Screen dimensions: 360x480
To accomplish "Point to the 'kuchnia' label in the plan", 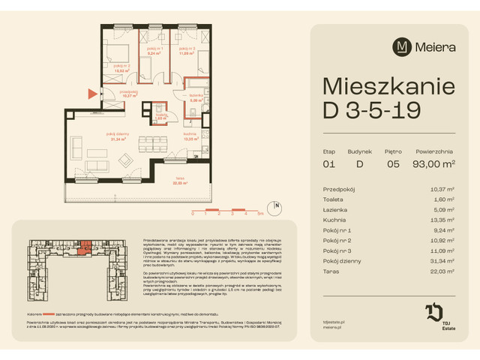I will (190, 136).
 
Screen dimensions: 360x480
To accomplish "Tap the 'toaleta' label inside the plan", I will (160, 115).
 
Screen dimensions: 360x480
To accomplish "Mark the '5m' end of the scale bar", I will (259, 214).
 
